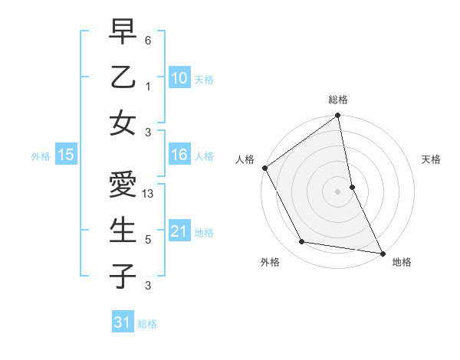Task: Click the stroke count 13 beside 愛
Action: (149, 195)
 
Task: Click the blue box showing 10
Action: (179, 77)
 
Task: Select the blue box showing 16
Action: (179, 155)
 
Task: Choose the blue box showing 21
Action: (179, 232)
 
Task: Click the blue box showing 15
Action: (65, 155)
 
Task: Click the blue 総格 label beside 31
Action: (147, 324)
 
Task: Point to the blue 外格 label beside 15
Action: (41, 156)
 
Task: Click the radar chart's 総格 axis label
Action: (338, 100)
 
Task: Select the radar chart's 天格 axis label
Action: (432, 159)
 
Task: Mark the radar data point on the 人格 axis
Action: (264, 168)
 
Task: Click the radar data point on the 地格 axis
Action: (382, 253)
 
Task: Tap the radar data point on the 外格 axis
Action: (302, 242)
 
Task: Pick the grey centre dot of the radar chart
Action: (338, 191)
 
